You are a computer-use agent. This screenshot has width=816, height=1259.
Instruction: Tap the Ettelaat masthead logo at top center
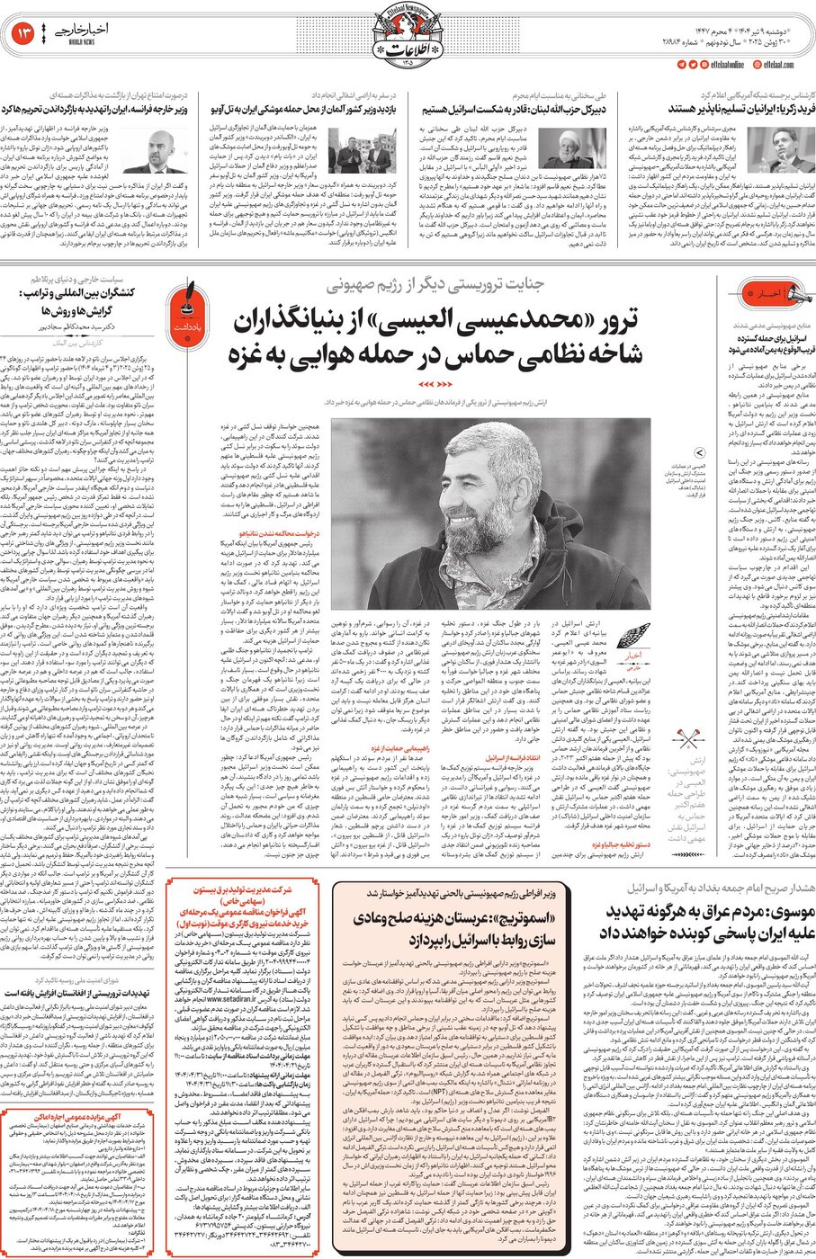point(408,34)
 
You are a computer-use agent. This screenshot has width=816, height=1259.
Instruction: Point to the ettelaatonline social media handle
point(725,65)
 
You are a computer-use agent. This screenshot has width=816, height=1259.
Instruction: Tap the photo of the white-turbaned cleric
point(570,150)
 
